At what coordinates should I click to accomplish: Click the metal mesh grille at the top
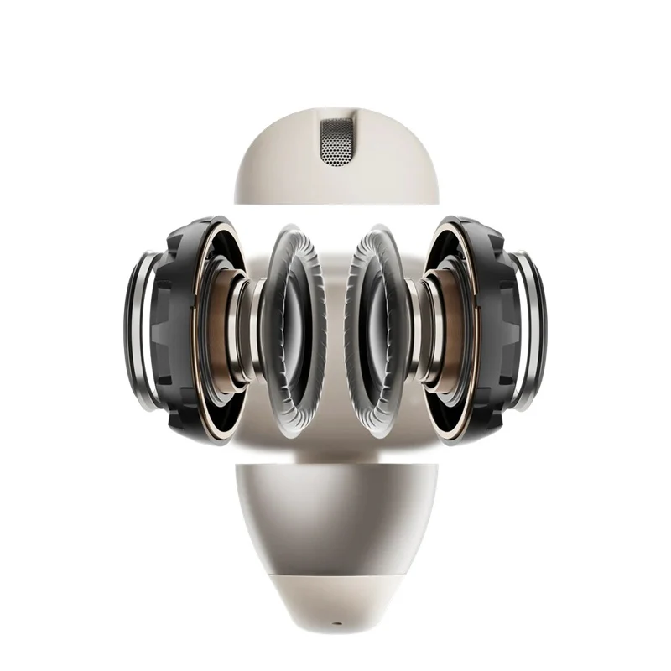coord(336,139)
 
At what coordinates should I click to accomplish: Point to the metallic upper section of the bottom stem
coord(335,512)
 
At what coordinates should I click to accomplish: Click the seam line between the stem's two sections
coord(335,572)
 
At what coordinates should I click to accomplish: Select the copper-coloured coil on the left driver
coord(220,331)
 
